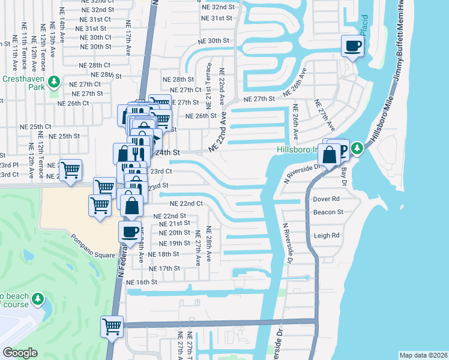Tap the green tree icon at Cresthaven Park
tap(54, 80)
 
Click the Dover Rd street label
tap(327, 199)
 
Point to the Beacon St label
tap(328, 212)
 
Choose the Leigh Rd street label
tap(327, 236)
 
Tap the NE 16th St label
tap(142, 281)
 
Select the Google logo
tap(20, 353)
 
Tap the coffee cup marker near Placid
tap(352, 46)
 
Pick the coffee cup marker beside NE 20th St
tap(130, 231)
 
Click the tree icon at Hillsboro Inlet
tap(357, 148)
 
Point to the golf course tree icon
tap(38, 298)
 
